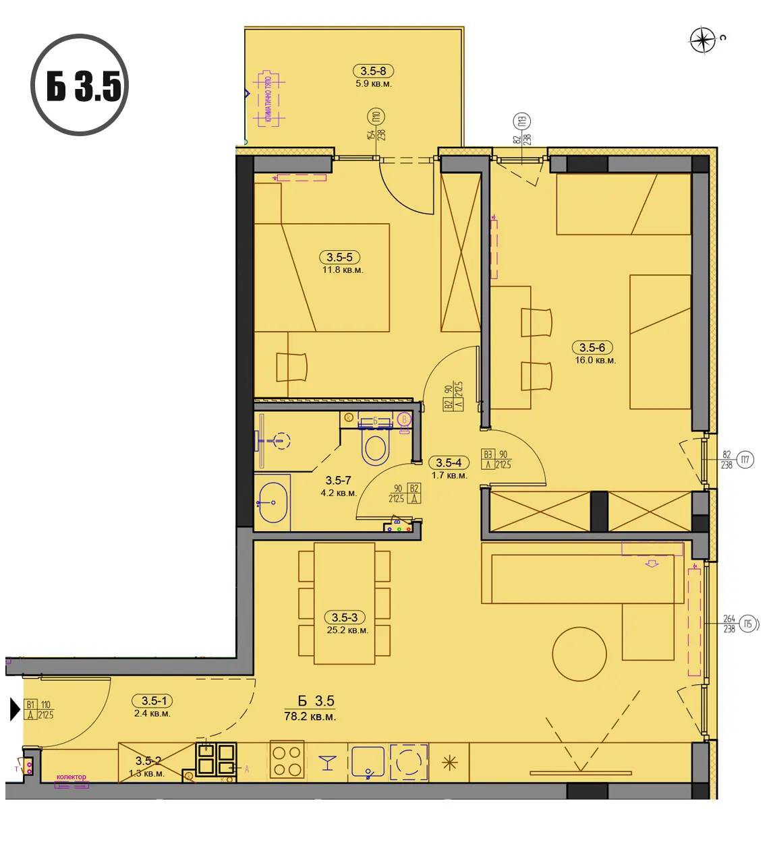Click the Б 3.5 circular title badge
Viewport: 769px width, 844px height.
pyautogui.click(x=80, y=85)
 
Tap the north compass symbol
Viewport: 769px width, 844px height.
pyautogui.click(x=702, y=40)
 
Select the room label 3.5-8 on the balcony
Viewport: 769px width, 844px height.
pyautogui.click(x=373, y=71)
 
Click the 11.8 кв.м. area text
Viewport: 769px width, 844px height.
pyautogui.click(x=343, y=270)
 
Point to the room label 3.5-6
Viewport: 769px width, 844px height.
pyautogui.click(x=592, y=348)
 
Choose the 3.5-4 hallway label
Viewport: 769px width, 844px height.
pyautogui.click(x=449, y=463)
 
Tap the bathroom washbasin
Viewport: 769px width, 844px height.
pyautogui.click(x=273, y=502)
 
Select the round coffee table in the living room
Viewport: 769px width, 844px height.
pyautogui.click(x=579, y=654)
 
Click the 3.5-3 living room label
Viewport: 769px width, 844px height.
pyautogui.click(x=344, y=617)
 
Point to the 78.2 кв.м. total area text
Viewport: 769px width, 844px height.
pyautogui.click(x=310, y=717)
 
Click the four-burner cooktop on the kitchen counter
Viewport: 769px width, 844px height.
pyautogui.click(x=287, y=761)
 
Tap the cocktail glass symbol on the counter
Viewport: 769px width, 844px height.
pyautogui.click(x=328, y=762)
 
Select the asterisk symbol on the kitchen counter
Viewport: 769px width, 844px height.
pyautogui.click(x=449, y=762)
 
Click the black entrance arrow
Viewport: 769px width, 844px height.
pyautogui.click(x=15, y=709)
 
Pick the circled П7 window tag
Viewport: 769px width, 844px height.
pyautogui.click(x=745, y=460)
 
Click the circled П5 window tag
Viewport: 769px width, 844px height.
pyautogui.click(x=747, y=624)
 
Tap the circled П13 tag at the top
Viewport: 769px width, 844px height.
pyautogui.click(x=521, y=121)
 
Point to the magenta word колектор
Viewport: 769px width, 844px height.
pyautogui.click(x=72, y=777)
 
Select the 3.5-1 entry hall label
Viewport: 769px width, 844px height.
pyautogui.click(x=154, y=701)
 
